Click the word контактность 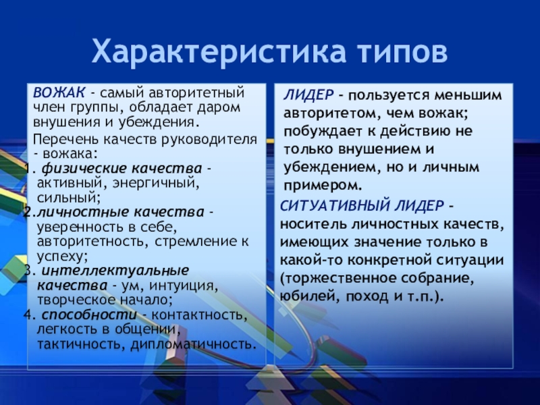pyautogui.click(x=196, y=315)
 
